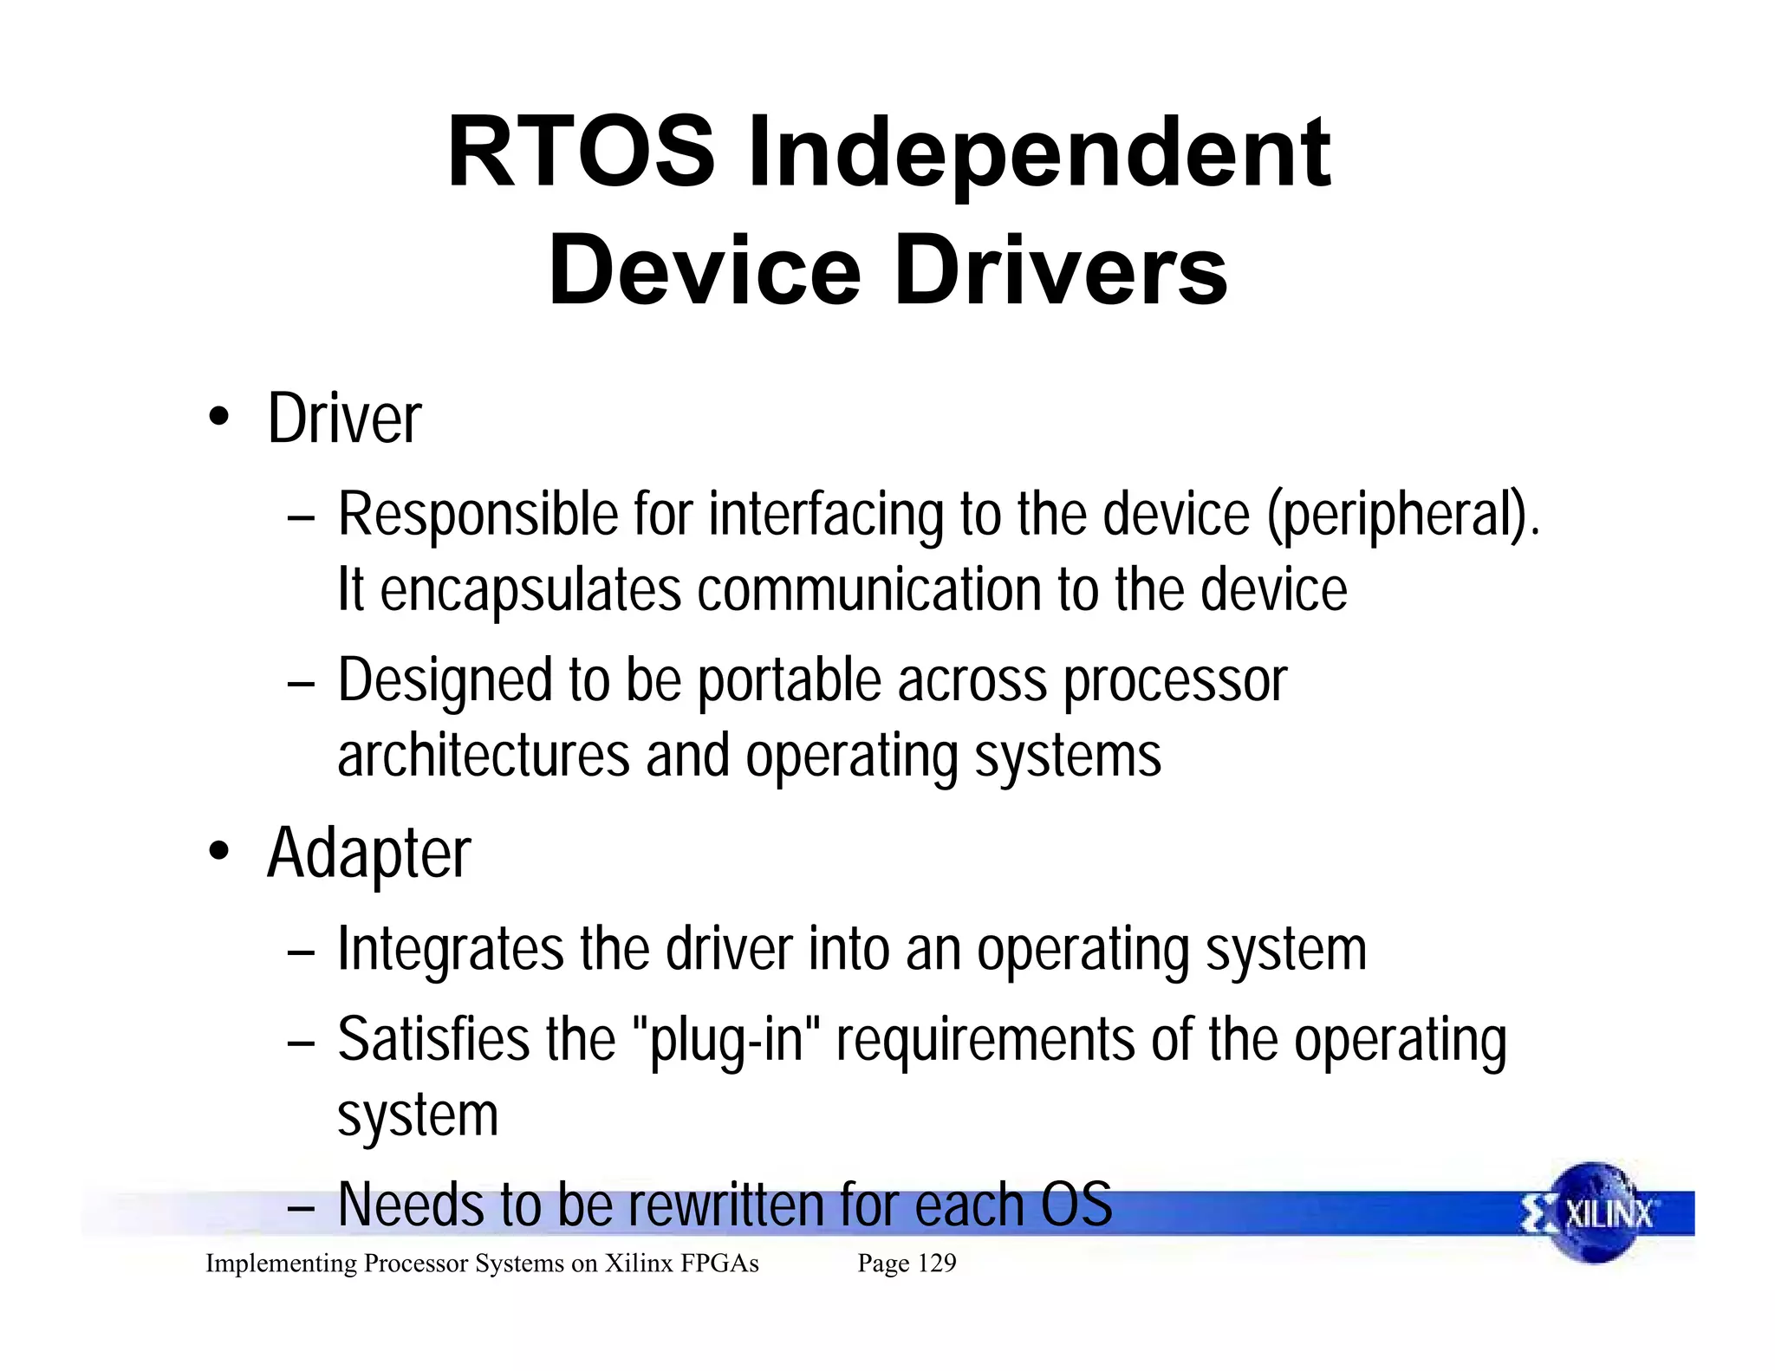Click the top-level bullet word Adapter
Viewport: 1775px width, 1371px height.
tap(368, 854)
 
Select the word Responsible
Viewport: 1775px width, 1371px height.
tap(478, 515)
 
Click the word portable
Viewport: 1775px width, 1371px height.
tap(789, 680)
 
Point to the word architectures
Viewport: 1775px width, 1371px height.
tap(483, 755)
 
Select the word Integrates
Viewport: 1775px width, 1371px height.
tap(451, 949)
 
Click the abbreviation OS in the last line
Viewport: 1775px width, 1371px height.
tap(1076, 1205)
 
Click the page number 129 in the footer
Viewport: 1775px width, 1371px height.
tap(936, 1264)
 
